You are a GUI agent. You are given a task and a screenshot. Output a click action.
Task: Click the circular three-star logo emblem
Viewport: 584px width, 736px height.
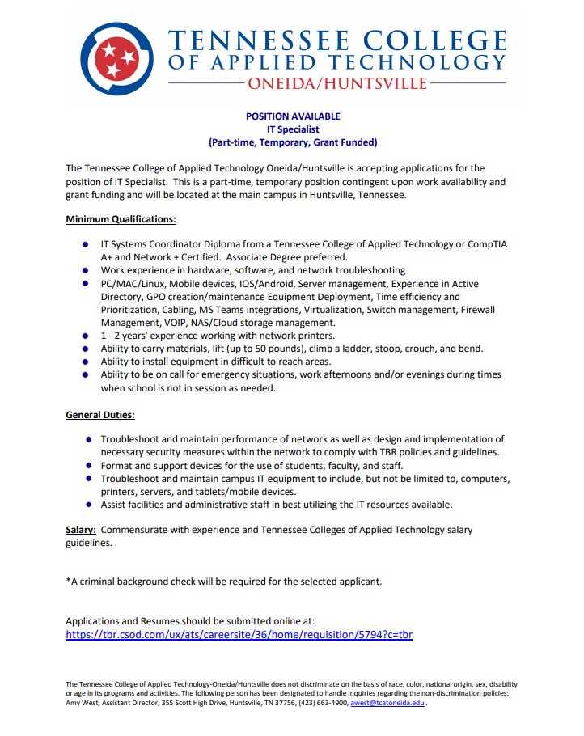[x=116, y=57]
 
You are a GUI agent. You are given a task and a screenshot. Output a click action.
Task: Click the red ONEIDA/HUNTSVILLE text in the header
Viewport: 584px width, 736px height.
[x=337, y=84]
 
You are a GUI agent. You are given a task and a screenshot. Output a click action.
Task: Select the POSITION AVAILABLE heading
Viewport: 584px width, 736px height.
[x=293, y=116]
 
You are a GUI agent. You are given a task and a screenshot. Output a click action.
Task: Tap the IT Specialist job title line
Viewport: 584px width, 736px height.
[x=293, y=129]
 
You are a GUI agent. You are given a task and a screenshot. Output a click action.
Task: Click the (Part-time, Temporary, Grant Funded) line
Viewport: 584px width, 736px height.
[x=293, y=142]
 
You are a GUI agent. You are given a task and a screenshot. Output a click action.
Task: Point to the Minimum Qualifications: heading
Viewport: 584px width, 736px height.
[x=121, y=219]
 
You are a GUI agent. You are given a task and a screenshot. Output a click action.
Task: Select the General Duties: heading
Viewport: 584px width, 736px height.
[x=100, y=415]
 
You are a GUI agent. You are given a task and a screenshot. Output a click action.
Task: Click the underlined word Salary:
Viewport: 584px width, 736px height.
[x=81, y=530]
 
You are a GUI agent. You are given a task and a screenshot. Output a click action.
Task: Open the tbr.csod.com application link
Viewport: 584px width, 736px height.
[x=239, y=634]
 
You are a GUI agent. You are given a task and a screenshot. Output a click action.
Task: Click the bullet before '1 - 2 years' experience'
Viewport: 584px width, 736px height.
[x=85, y=336]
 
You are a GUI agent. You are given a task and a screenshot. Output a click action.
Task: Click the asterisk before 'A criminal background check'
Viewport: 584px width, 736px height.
[x=68, y=581]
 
